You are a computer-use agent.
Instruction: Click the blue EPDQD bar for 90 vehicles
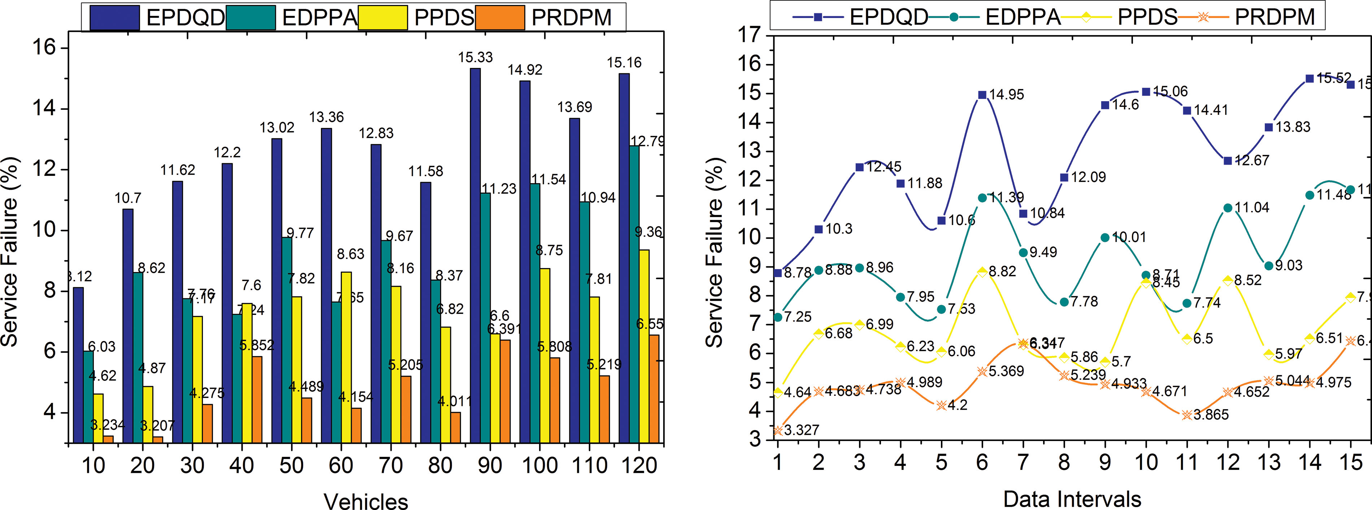pyautogui.click(x=475, y=256)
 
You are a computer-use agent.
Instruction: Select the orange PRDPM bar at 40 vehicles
pyautogui.click(x=257, y=400)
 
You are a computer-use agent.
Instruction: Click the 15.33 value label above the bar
pyautogui.click(x=476, y=57)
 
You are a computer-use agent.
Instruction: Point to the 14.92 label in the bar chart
pyautogui.click(x=525, y=70)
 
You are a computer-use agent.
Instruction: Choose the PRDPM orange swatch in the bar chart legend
pyautogui.click(x=500, y=18)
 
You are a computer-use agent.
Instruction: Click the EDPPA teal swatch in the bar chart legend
pyautogui.click(x=250, y=18)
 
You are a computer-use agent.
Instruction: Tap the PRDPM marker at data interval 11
pyautogui.click(x=1187, y=415)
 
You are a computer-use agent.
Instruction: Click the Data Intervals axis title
pyautogui.click(x=1072, y=499)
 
